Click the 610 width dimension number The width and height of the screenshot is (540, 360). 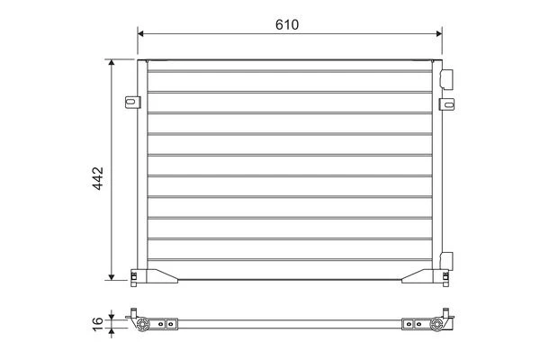287,24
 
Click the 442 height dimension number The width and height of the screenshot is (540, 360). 98,178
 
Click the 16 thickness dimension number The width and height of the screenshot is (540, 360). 98,324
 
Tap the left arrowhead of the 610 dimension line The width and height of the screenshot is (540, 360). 140,33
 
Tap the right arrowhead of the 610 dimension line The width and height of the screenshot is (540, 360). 439,33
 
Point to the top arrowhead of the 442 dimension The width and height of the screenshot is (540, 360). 112,62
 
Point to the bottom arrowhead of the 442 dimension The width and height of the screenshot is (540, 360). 112,277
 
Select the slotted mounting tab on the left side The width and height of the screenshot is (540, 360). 132,103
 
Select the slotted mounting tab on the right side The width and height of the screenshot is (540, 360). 446,104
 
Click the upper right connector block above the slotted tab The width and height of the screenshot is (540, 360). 446,79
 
